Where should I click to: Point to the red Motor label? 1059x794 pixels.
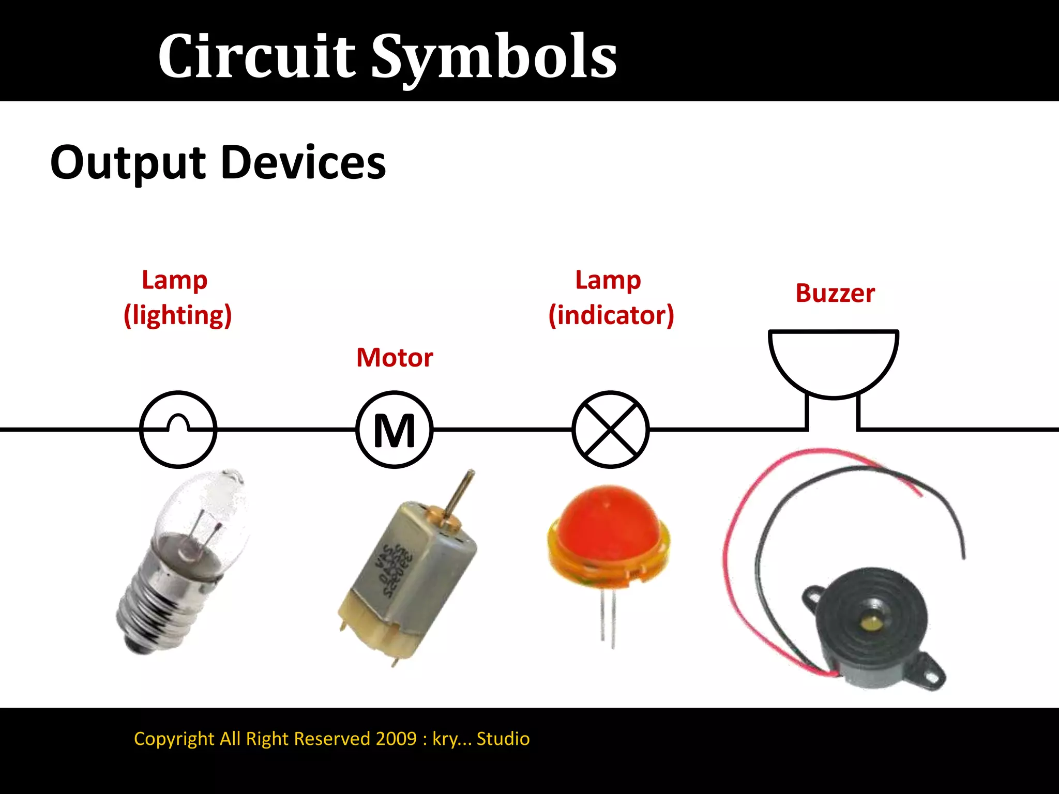[395, 358]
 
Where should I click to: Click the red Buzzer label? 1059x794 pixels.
[835, 293]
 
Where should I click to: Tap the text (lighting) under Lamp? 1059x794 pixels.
[177, 315]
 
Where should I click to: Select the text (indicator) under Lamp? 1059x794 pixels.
[611, 315]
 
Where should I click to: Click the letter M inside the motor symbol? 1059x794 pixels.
[395, 431]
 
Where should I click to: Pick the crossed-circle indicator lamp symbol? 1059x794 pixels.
[611, 430]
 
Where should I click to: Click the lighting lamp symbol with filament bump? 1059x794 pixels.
[178, 430]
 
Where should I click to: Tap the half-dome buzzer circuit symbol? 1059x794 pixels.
[833, 362]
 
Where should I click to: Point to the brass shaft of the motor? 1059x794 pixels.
[460, 496]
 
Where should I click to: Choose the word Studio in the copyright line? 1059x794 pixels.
[503, 739]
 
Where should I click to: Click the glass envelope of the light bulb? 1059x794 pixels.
[207, 512]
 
